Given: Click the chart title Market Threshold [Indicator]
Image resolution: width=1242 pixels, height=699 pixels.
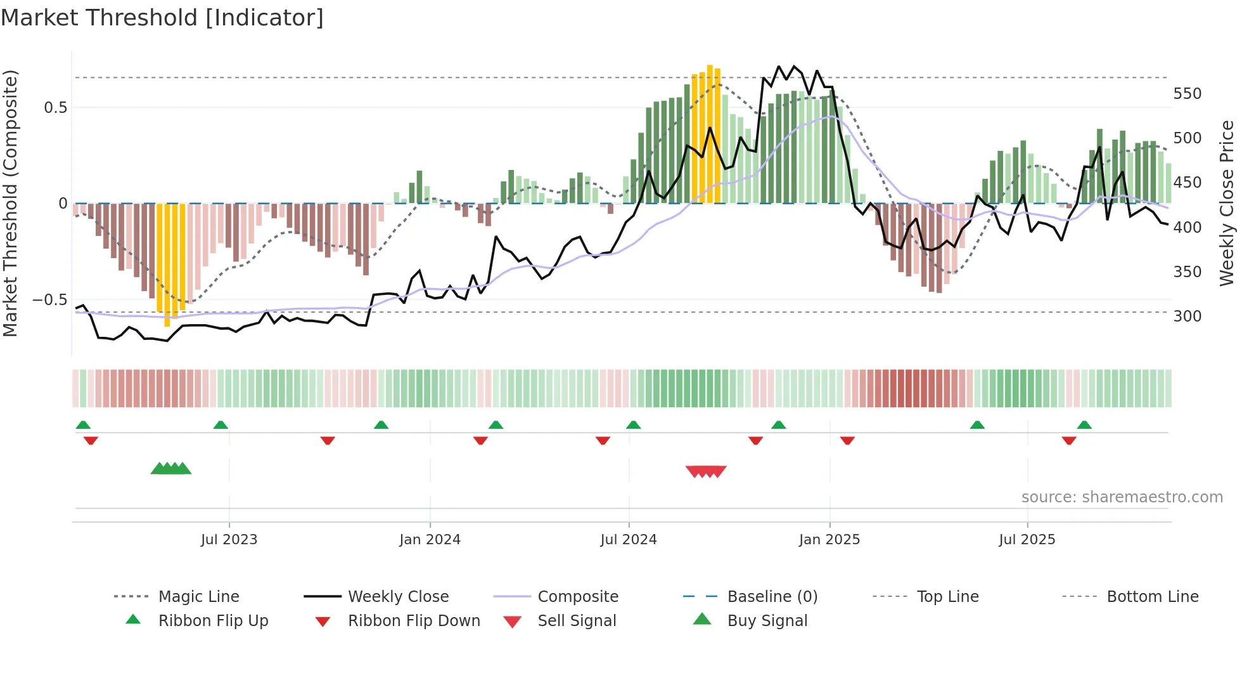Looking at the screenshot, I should click(x=162, y=18).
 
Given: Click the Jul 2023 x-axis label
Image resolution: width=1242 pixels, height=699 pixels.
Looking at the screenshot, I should click(x=229, y=539).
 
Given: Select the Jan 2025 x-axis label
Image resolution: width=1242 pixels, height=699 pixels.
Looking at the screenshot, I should click(x=829, y=539).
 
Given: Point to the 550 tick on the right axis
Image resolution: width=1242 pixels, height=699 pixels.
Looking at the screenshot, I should click(x=1187, y=93).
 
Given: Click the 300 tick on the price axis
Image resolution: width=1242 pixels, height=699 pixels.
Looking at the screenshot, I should click(x=1187, y=316).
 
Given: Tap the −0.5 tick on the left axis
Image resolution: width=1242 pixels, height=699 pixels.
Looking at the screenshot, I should click(x=49, y=299).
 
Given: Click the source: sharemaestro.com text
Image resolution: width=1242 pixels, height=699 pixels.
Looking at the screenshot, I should click(x=1122, y=497).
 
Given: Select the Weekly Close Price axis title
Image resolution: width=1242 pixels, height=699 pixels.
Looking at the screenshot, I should click(x=1227, y=203).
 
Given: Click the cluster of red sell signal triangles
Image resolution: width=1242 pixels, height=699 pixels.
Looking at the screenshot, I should click(x=706, y=471).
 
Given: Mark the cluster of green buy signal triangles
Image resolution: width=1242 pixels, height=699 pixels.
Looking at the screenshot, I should click(x=171, y=468).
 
